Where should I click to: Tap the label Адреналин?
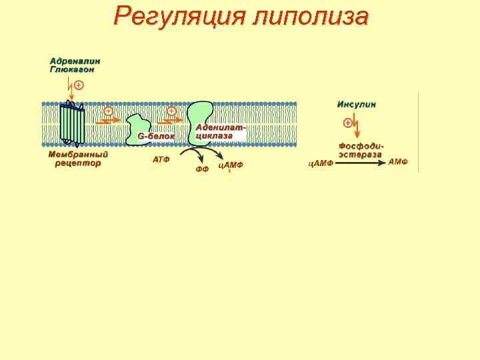pos(75,61)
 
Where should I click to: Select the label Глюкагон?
pos(72,69)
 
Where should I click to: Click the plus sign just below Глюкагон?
pos(79,85)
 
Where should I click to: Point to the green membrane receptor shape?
pos(72,124)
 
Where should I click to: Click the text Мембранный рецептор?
pos(78,159)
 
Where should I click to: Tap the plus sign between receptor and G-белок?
pos(108,111)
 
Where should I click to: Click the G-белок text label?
pos(156,136)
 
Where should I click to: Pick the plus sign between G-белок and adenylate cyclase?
pos(171,111)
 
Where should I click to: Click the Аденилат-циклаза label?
pos(221,131)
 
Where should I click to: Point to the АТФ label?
pos(161,160)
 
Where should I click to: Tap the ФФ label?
pos(202,169)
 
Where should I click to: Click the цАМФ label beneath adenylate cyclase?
pos(231,165)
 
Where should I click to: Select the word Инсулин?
pos(357,105)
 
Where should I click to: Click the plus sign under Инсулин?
pos(347,123)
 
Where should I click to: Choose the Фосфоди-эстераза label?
pos(361,150)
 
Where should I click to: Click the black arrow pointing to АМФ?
pos(360,163)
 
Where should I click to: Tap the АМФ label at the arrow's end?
pos(398,162)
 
